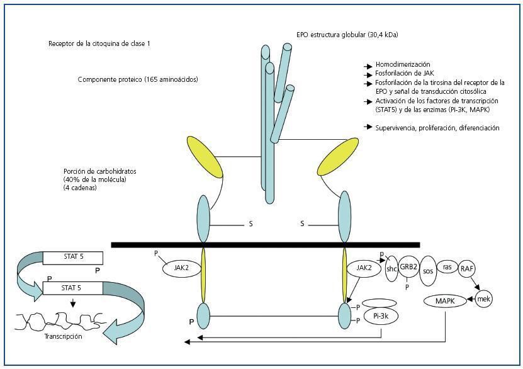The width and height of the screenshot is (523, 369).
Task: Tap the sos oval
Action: tap(429, 271)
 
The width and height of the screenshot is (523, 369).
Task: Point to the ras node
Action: tap(447, 267)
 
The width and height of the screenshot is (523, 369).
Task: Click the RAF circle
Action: tap(467, 268)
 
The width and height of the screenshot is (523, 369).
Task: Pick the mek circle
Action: tap(483, 298)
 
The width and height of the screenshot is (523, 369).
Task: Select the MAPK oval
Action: tap(446, 301)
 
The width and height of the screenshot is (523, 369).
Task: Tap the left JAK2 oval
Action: tap(178, 268)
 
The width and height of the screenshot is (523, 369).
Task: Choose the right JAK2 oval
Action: tap(364, 268)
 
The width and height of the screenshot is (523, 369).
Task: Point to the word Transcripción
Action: tap(63, 336)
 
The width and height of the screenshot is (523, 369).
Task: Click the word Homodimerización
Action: tap(402, 65)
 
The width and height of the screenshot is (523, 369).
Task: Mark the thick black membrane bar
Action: tap(265, 244)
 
